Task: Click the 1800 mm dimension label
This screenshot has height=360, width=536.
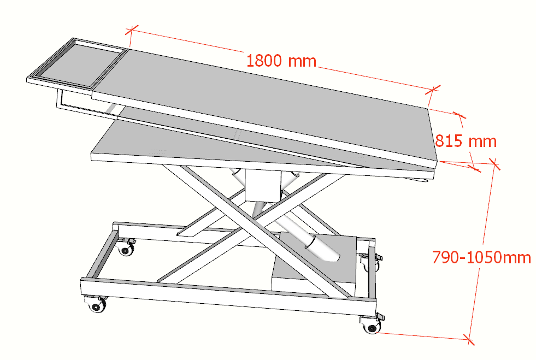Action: tap(281, 61)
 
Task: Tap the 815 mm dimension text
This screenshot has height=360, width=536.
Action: tap(466, 141)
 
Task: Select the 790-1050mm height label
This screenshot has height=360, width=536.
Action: tap(481, 257)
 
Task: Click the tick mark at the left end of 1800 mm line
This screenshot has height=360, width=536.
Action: tap(132, 30)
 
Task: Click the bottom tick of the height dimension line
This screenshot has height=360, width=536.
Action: tap(469, 340)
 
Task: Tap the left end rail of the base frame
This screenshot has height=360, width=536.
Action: tap(99, 255)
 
